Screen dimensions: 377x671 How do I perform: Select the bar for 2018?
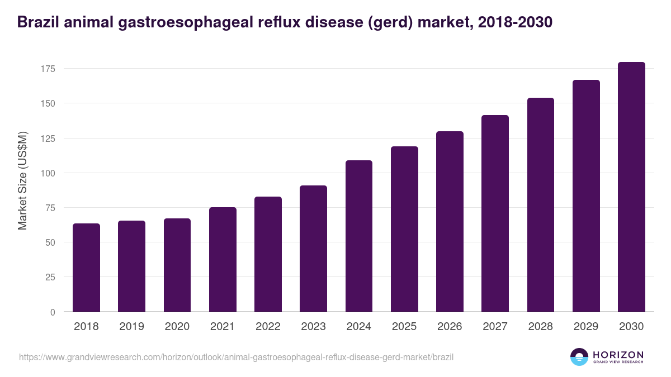pos(86,268)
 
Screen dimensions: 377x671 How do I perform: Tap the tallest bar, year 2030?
pos(631,187)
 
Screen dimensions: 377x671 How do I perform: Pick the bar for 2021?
pos(223,260)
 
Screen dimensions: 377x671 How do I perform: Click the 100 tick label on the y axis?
pos(49,173)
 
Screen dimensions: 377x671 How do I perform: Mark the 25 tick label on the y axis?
pos(51,277)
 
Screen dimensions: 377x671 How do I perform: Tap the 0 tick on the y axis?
pos(53,312)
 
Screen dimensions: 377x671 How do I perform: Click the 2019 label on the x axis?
pos(131,327)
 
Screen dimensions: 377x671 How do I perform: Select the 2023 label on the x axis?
pos(313,327)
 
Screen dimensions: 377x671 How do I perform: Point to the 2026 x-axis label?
pos(450,327)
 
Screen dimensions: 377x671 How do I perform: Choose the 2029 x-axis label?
pos(586,327)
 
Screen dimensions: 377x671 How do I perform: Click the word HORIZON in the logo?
pos(618,355)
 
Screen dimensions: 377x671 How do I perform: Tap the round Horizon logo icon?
pos(579,357)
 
